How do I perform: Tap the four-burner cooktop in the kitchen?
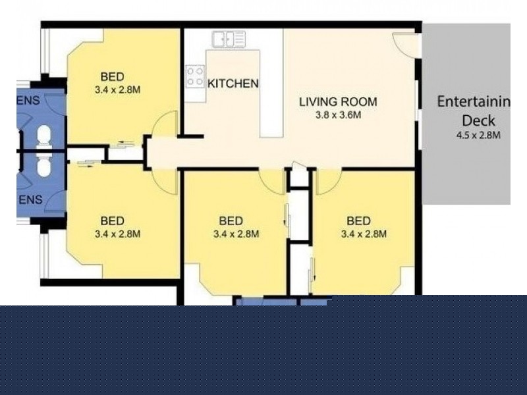pos(194,76)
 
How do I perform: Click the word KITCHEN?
pos(233,84)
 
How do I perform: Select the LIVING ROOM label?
pos(338,101)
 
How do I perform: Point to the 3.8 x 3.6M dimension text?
pos(338,115)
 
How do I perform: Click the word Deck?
pos(478,121)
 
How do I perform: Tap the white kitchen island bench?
pos(271,92)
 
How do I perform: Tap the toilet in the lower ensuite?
pos(43,167)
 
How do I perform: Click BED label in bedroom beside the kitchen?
pos(113,76)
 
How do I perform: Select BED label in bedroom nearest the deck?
pos(359,221)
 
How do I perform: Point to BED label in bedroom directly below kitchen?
pos(231,221)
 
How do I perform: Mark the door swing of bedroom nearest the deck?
pos(327,181)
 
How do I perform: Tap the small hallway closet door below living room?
pos(299,178)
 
